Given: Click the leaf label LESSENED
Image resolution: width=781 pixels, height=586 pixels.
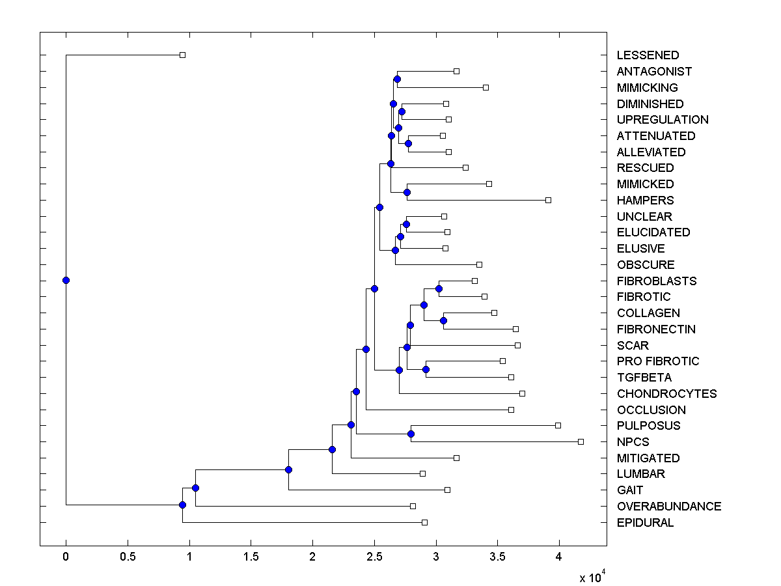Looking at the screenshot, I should [648, 55].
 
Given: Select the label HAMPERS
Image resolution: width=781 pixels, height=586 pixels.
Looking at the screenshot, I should [646, 200].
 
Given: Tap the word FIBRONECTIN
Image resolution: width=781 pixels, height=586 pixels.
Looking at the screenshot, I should [656, 329].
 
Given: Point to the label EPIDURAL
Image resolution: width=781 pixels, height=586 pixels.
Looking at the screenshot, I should [645, 523].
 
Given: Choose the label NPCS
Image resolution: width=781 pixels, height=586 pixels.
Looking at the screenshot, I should [632, 442].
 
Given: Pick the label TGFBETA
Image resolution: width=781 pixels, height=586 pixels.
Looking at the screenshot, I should [644, 378].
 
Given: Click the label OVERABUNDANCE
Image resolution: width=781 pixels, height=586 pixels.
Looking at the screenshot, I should [669, 507].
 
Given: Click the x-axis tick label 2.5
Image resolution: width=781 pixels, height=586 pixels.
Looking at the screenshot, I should [374, 557].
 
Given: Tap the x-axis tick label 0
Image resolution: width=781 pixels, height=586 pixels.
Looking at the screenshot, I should [66, 557].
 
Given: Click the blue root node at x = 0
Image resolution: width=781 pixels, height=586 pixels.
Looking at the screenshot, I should [66, 280].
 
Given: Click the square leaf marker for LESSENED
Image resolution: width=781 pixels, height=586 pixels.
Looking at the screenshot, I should [182, 55].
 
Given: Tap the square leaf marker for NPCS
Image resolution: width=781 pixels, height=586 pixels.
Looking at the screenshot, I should [581, 441].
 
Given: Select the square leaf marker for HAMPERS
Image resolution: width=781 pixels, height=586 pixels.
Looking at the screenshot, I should [548, 200].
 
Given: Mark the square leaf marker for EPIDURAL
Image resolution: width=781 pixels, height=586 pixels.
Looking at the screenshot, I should [424, 522].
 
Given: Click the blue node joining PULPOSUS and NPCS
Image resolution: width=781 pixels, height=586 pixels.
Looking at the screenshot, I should [411, 434].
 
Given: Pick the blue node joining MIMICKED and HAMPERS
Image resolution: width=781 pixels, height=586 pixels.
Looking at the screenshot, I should [407, 192].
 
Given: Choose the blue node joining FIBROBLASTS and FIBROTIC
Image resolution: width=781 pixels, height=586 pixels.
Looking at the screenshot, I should [439, 288].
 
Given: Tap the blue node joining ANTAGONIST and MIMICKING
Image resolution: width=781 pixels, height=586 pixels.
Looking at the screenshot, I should [397, 79].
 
